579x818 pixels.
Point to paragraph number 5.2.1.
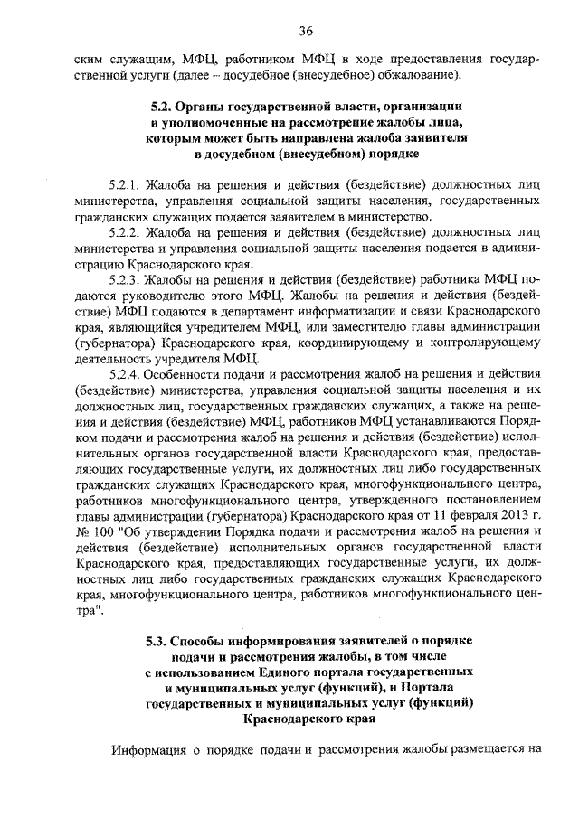click(x=125, y=183)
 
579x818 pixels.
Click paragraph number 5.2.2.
click(x=125, y=232)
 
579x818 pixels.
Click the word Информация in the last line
click(x=148, y=749)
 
